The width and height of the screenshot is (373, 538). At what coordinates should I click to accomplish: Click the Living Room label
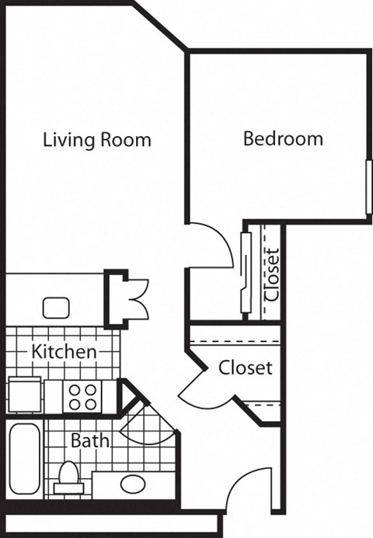pos(96,141)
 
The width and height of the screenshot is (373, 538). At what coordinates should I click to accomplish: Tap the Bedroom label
pos(283,139)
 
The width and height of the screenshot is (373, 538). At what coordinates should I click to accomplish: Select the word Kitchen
pos(64,351)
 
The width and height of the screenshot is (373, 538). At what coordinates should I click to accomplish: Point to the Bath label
pos(90,440)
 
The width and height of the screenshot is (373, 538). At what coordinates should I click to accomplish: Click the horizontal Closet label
pos(245,366)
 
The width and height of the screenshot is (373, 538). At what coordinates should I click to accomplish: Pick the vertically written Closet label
pos(272,274)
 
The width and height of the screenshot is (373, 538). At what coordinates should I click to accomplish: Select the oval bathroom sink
pos(131,484)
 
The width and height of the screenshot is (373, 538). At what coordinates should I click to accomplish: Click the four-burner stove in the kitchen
pos(83,397)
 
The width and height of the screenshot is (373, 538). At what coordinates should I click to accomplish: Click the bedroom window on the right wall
pos(368,187)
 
